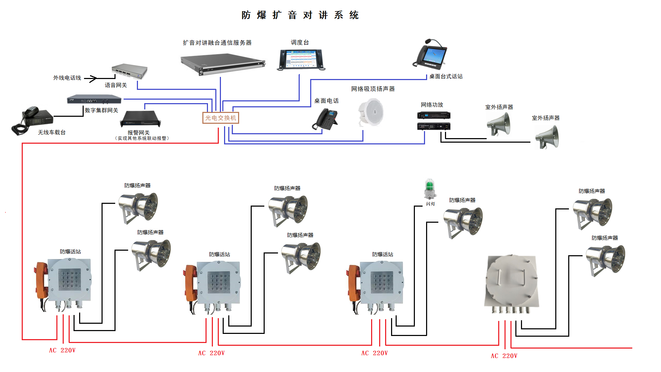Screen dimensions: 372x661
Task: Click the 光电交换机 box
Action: tap(221, 118)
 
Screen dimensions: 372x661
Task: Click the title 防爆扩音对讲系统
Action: tap(300, 15)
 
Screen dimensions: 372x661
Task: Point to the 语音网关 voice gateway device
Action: tap(130, 71)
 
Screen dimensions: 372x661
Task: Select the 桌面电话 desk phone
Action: tap(326, 120)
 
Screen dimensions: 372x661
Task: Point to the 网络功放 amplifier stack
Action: tap(433, 121)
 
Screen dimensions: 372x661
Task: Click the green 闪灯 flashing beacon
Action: tap(430, 189)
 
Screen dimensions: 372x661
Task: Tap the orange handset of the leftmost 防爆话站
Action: tap(42, 280)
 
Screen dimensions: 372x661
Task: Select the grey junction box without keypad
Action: tap(512, 283)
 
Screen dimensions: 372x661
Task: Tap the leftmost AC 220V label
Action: tap(62, 350)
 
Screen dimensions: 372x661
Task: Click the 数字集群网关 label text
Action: tap(102, 110)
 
